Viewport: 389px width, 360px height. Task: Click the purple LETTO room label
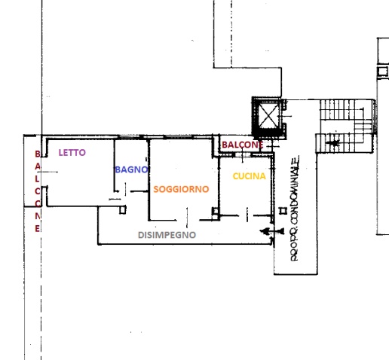tap(72, 152)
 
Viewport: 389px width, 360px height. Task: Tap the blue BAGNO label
tap(131, 169)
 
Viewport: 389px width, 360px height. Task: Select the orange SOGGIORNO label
tap(181, 189)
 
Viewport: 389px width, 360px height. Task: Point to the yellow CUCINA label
tap(249, 176)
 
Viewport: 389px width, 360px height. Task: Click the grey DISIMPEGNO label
tap(167, 235)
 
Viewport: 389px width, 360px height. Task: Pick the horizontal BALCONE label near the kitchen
tap(243, 145)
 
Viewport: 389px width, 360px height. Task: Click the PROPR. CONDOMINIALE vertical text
tap(295, 208)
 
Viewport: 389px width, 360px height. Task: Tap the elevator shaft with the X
tap(269, 117)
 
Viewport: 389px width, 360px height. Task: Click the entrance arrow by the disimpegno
tap(272, 231)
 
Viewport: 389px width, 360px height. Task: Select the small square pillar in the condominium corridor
tap(283, 211)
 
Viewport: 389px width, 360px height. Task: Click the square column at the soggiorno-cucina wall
tap(216, 211)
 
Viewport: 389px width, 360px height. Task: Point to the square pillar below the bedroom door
tap(123, 209)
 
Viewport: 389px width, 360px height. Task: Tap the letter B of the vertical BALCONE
tap(38, 154)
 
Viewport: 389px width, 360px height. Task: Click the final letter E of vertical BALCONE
tap(37, 229)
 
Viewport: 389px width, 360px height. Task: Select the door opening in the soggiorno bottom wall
tap(188, 220)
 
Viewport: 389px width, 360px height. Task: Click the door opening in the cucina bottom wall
tap(247, 215)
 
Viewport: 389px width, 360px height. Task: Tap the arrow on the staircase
tap(332, 143)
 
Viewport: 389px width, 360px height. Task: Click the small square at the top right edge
tap(383, 72)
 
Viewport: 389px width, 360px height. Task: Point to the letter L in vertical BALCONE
tap(37, 178)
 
